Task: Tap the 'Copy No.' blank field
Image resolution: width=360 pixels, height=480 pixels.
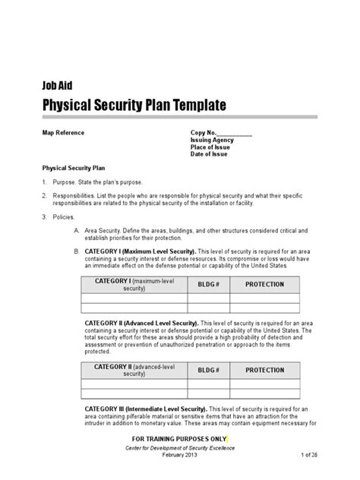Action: coord(235,132)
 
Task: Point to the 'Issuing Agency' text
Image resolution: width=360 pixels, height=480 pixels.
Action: coord(213,140)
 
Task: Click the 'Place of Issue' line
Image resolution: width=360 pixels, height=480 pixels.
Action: coord(211,147)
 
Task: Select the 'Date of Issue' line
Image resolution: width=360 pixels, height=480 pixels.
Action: coord(210,155)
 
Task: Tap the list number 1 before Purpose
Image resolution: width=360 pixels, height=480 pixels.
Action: coord(44,183)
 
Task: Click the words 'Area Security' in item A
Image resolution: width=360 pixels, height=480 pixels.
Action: coord(103,229)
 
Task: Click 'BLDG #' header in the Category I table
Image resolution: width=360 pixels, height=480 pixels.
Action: coord(208,284)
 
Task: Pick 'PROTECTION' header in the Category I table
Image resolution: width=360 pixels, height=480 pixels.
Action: coord(265,284)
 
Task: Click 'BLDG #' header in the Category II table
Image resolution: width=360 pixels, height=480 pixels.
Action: coord(208,370)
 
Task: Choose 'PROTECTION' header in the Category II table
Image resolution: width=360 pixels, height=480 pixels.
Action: coord(265,370)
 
